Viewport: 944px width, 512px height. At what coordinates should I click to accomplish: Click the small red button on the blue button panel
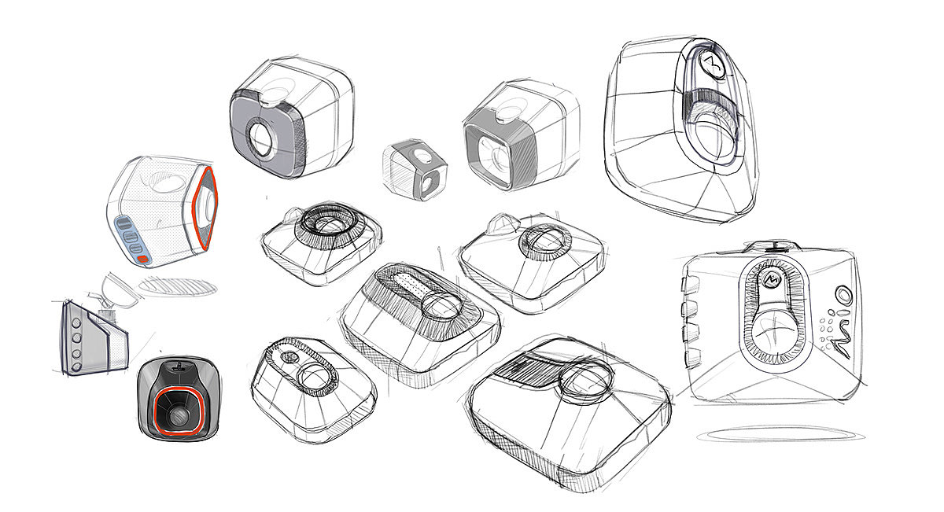(x=144, y=259)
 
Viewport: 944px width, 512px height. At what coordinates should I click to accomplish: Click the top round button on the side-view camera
(x=77, y=323)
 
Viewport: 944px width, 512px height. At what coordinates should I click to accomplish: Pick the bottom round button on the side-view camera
(x=76, y=367)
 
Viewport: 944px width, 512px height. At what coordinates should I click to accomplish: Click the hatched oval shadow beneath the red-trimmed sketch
(x=178, y=287)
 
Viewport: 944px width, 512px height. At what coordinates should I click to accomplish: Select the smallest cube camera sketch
(x=415, y=169)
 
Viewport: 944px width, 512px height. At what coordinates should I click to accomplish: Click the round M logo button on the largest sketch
(x=713, y=64)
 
